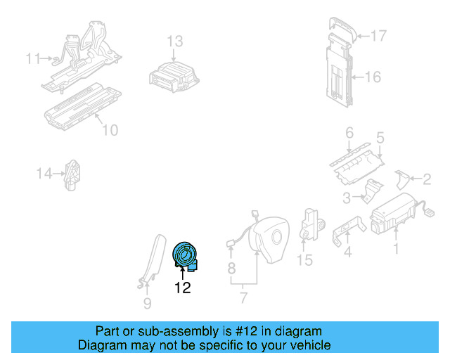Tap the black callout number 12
coord(183,288)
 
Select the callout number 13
coord(175,41)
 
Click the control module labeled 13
coord(174,77)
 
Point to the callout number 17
coord(379,36)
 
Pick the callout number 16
coord(373,77)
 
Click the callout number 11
coord(33,58)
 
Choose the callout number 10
coord(110,130)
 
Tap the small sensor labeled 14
coord(72,175)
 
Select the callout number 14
coord(44,174)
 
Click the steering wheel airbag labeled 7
coord(269,240)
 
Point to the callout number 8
coord(231,269)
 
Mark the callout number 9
coord(147,304)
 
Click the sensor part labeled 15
coord(312,224)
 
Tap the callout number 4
coord(347,252)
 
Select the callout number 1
coord(396,249)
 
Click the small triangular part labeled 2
coord(401,180)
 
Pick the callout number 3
coord(347,198)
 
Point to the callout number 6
coord(349,133)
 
